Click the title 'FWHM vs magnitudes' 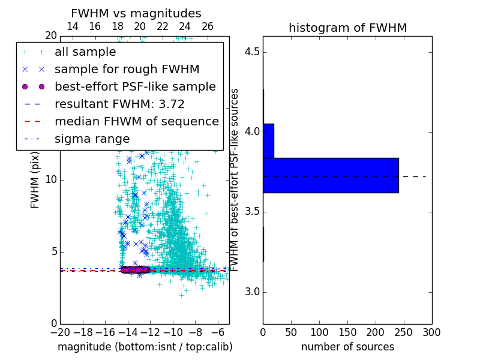tap(136, 13)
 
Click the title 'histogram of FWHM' tap(347, 28)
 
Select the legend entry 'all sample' tap(85, 52)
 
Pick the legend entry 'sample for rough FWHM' tap(127, 70)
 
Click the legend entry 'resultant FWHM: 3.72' tap(119, 104)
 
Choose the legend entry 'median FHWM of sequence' tap(136, 122)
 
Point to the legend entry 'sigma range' tap(92, 139)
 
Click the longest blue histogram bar tap(331, 175)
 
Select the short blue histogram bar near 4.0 tap(268, 140)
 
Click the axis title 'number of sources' tap(347, 347)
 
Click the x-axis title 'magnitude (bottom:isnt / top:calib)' tap(145, 347)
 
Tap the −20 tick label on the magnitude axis tap(60, 332)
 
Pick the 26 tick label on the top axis tap(208, 26)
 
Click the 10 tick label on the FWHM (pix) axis tap(50, 180)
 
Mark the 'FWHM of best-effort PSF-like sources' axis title tap(235, 179)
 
